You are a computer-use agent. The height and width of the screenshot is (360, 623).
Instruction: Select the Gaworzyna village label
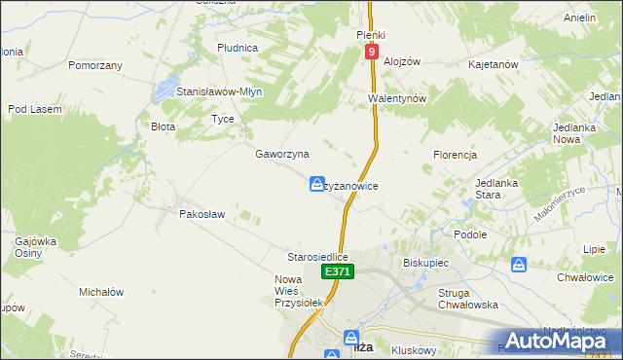(282, 154)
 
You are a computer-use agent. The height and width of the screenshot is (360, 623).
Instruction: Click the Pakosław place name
(202, 214)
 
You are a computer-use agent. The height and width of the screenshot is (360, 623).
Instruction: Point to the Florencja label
(455, 155)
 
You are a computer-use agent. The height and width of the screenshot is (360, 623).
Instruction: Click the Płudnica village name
(238, 47)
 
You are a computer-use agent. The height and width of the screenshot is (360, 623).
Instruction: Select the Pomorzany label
(95, 65)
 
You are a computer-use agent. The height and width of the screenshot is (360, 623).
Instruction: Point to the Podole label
(470, 234)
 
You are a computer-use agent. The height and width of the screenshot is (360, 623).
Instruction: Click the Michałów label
(101, 291)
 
